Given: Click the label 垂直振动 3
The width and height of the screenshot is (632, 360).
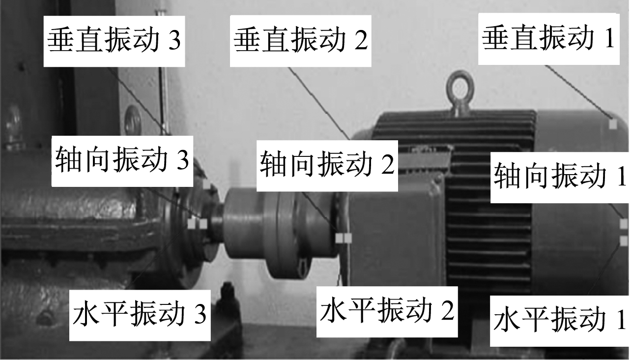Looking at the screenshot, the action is point(115,41).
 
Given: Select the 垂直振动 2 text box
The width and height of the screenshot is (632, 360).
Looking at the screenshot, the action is point(300,41).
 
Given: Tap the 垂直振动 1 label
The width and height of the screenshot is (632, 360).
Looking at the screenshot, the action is point(549,39).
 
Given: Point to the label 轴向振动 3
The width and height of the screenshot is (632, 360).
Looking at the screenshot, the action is point(122,161).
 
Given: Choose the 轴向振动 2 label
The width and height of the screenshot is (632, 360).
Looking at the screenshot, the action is point(327,166).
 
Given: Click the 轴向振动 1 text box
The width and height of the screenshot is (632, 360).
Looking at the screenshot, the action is point(561,178).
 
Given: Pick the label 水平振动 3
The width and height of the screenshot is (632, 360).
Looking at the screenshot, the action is point(140,315).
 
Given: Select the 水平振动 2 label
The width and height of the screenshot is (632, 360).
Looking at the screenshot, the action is point(387,312).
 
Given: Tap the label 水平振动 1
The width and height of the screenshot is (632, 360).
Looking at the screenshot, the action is point(561,321).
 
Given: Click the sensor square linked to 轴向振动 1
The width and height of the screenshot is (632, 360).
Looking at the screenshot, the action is point(624,224).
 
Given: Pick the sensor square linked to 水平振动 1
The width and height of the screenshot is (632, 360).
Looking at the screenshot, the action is point(624,241).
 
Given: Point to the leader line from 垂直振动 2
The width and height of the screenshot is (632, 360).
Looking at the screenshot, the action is point(318,103).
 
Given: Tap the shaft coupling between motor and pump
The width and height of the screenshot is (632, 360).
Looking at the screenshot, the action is point(279,232).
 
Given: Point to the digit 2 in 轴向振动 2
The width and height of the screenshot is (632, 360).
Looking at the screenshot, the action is point(388,165).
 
